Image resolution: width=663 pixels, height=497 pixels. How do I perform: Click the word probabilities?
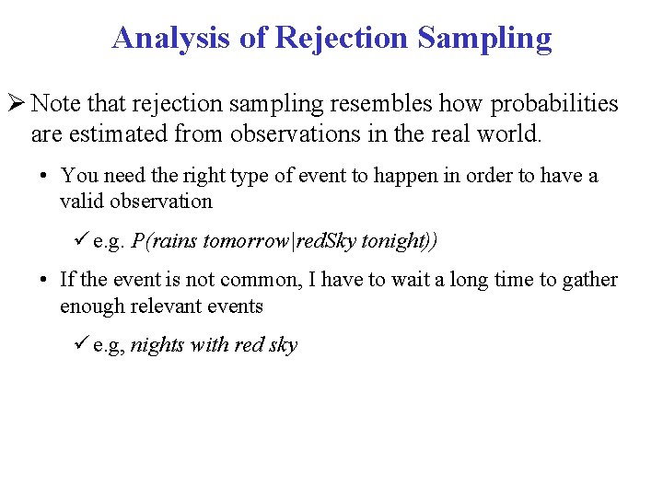click(543, 104)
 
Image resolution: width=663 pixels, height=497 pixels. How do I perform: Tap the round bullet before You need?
click(43, 176)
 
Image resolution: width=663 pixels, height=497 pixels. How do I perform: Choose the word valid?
click(82, 202)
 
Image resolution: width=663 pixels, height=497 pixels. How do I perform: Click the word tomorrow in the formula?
click(244, 242)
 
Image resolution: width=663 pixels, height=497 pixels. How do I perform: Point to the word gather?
click(590, 281)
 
